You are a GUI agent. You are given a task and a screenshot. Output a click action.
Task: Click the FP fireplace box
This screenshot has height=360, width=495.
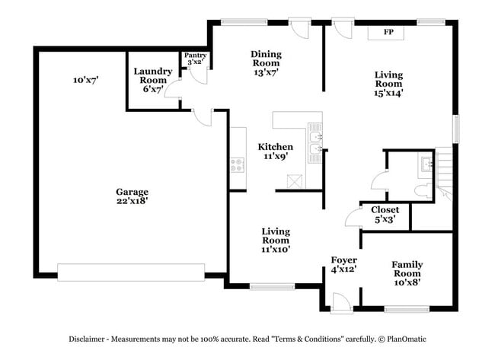pyautogui.click(x=388, y=32)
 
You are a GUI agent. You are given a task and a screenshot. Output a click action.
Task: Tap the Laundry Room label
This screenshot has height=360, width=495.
pyautogui.click(x=153, y=80)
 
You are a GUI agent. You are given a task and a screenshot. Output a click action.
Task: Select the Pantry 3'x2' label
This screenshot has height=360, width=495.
pyautogui.click(x=194, y=59)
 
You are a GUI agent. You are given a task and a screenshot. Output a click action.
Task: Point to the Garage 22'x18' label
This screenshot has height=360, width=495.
pyautogui.click(x=132, y=197)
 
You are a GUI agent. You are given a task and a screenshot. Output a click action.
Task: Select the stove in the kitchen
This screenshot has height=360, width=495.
pyautogui.click(x=238, y=163)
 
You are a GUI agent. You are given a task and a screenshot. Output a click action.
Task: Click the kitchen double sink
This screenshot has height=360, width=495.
pyautogui.click(x=315, y=144)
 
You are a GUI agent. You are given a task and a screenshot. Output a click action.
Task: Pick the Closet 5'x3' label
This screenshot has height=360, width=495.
pyautogui.click(x=385, y=215)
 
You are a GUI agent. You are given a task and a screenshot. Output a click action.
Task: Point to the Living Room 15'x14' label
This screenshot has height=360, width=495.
pyautogui.click(x=388, y=84)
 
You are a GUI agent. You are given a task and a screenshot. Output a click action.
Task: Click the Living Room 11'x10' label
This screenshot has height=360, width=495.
pyautogui.click(x=276, y=239)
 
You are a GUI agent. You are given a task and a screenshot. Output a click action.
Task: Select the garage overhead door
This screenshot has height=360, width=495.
pyautogui.click(x=131, y=270)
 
